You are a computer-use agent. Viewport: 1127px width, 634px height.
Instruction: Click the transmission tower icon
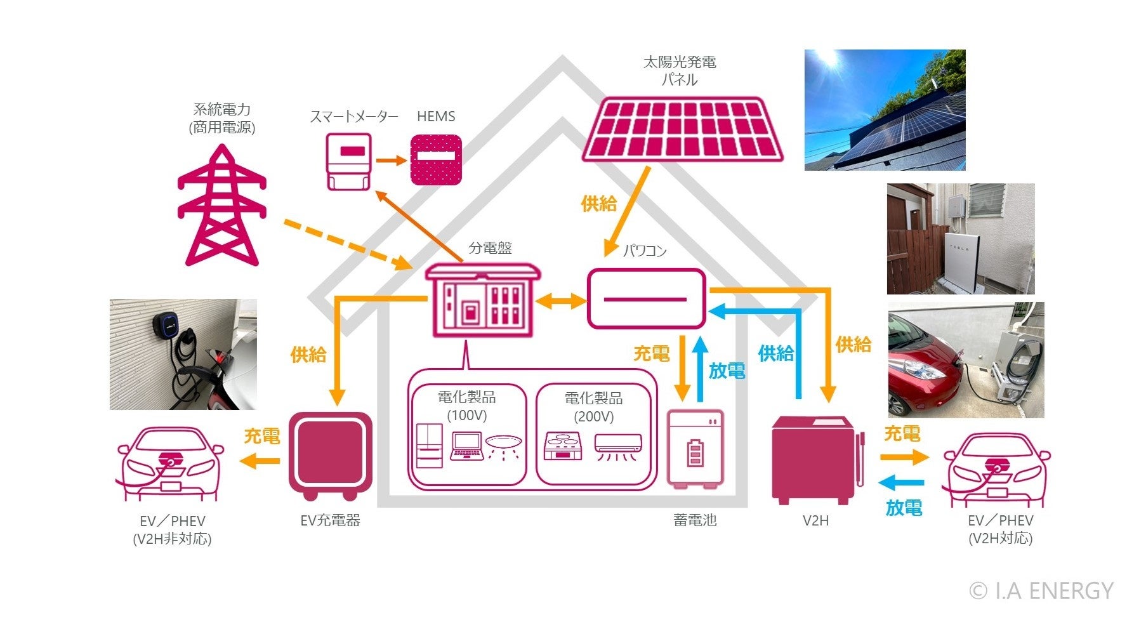click(x=221, y=206)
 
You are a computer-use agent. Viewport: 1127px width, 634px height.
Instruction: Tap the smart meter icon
click(x=348, y=162)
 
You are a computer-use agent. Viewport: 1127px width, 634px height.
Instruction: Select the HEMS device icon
click(x=436, y=160)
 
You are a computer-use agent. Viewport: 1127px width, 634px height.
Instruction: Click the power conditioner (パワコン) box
click(x=646, y=299)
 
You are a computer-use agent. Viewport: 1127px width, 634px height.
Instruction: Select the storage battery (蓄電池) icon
click(x=695, y=449)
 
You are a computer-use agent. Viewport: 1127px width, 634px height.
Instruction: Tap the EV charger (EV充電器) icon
click(x=330, y=456)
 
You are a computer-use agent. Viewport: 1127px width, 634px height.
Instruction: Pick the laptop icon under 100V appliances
click(x=466, y=446)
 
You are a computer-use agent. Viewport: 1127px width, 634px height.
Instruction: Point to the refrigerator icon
click(x=429, y=446)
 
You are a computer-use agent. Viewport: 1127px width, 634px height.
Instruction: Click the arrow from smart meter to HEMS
click(x=391, y=161)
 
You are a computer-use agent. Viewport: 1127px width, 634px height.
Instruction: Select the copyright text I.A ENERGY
click(x=1041, y=591)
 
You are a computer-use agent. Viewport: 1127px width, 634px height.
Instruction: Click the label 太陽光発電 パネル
click(x=680, y=70)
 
